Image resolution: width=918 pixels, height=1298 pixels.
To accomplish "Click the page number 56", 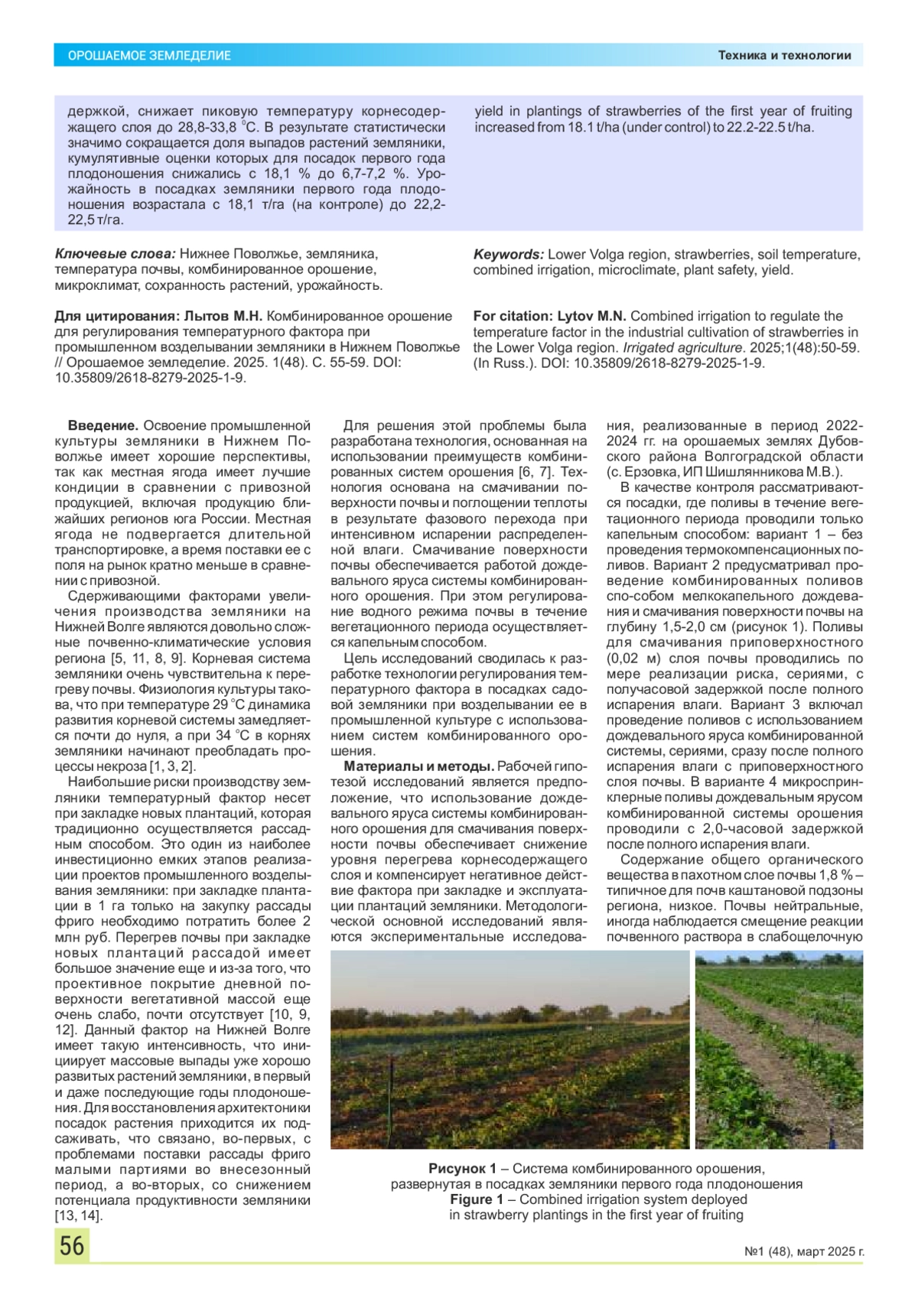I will click(72, 1245).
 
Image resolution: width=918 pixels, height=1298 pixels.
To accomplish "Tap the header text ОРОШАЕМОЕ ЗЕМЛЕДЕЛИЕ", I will click(149, 55).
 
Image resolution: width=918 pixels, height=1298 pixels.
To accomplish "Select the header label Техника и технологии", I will click(784, 55).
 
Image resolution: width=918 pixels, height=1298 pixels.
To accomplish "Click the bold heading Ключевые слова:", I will click(115, 254).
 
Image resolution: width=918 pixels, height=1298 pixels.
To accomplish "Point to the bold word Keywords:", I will click(509, 254).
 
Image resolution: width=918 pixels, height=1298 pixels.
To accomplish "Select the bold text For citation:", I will click(511, 316).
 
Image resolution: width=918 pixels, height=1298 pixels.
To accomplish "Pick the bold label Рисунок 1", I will click(462, 1168).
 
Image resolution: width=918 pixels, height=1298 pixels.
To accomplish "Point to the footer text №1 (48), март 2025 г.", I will click(804, 1252).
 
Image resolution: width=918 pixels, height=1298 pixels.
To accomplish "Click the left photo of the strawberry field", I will click(509, 1049).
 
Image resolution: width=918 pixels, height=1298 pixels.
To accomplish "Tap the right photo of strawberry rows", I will click(779, 1049).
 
